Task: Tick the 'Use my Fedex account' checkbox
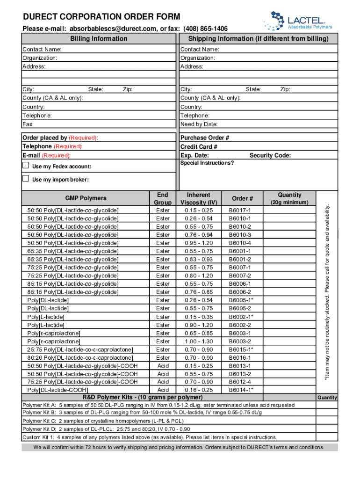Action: coord(26,166)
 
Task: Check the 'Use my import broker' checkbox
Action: coord(26,179)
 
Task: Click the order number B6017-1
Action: coord(240,210)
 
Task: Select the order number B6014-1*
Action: coord(241,390)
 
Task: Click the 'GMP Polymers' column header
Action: coord(86,198)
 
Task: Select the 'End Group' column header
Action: coord(163,199)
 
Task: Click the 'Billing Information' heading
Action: coord(99,38)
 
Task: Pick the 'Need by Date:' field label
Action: coord(199,124)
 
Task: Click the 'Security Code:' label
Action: coord(270,155)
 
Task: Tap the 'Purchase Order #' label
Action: coord(204,138)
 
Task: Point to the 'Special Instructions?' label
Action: coord(207,163)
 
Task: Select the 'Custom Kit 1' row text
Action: coord(150,437)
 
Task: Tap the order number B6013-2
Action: coord(240,374)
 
